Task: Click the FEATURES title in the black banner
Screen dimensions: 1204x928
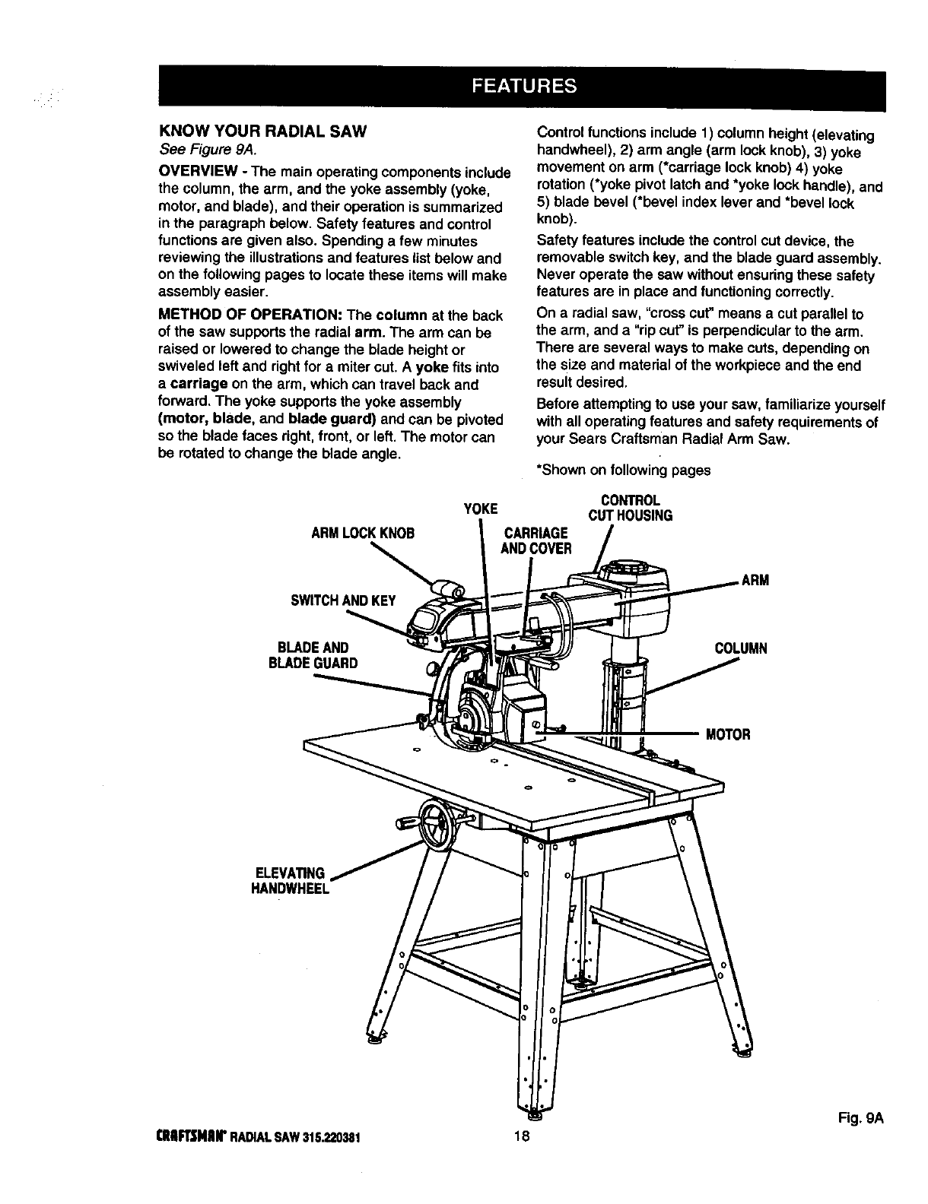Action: pyautogui.click(x=524, y=84)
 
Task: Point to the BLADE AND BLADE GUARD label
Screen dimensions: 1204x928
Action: pyautogui.click(x=313, y=654)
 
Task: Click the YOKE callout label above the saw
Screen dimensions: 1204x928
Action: pyautogui.click(x=480, y=509)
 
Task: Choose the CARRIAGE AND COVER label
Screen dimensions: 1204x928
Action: pyautogui.click(x=536, y=540)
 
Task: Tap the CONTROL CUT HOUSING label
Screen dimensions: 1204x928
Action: pyautogui.click(x=630, y=509)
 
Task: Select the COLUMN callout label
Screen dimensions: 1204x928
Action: pyautogui.click(x=741, y=648)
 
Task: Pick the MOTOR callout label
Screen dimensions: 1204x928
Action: pyautogui.click(x=728, y=734)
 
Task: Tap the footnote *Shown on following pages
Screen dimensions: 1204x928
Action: pyautogui.click(x=624, y=470)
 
